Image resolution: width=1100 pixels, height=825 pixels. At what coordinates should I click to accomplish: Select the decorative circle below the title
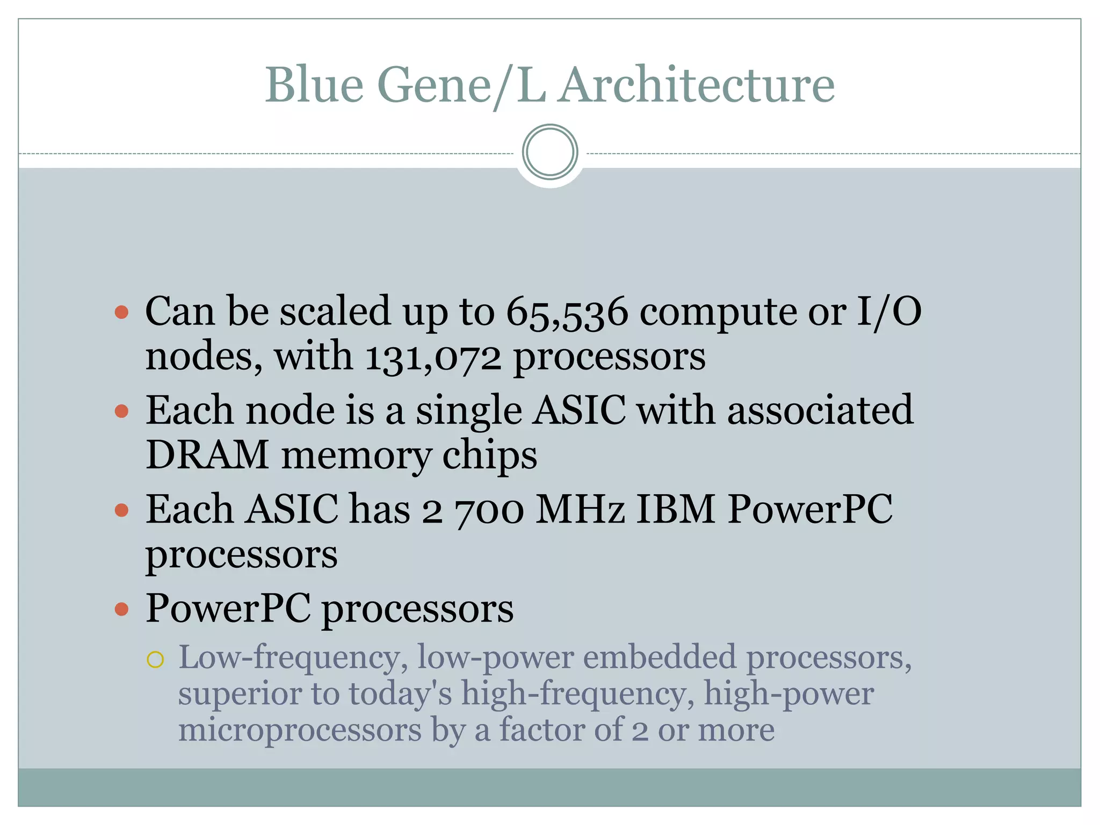click(x=549, y=152)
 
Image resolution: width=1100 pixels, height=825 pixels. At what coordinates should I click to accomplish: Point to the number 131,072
click(x=433, y=357)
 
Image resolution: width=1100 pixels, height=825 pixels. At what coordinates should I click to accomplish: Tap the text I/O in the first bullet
click(x=889, y=312)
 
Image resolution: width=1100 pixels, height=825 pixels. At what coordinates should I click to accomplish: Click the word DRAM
click(x=207, y=455)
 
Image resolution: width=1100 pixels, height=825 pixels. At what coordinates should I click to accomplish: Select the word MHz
click(x=581, y=509)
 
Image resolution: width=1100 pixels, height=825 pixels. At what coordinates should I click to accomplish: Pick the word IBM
click(x=676, y=509)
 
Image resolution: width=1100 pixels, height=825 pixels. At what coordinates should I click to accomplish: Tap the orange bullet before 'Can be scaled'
click(x=122, y=312)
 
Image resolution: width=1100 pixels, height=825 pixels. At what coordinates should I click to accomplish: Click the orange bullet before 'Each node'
click(x=122, y=411)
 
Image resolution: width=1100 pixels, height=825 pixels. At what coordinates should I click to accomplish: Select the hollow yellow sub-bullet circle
click(x=155, y=659)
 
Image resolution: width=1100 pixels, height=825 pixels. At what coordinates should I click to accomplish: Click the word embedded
click(x=660, y=657)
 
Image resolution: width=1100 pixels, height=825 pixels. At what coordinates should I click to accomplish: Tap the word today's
click(x=401, y=693)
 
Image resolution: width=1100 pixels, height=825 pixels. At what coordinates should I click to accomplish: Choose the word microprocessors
click(x=300, y=731)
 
